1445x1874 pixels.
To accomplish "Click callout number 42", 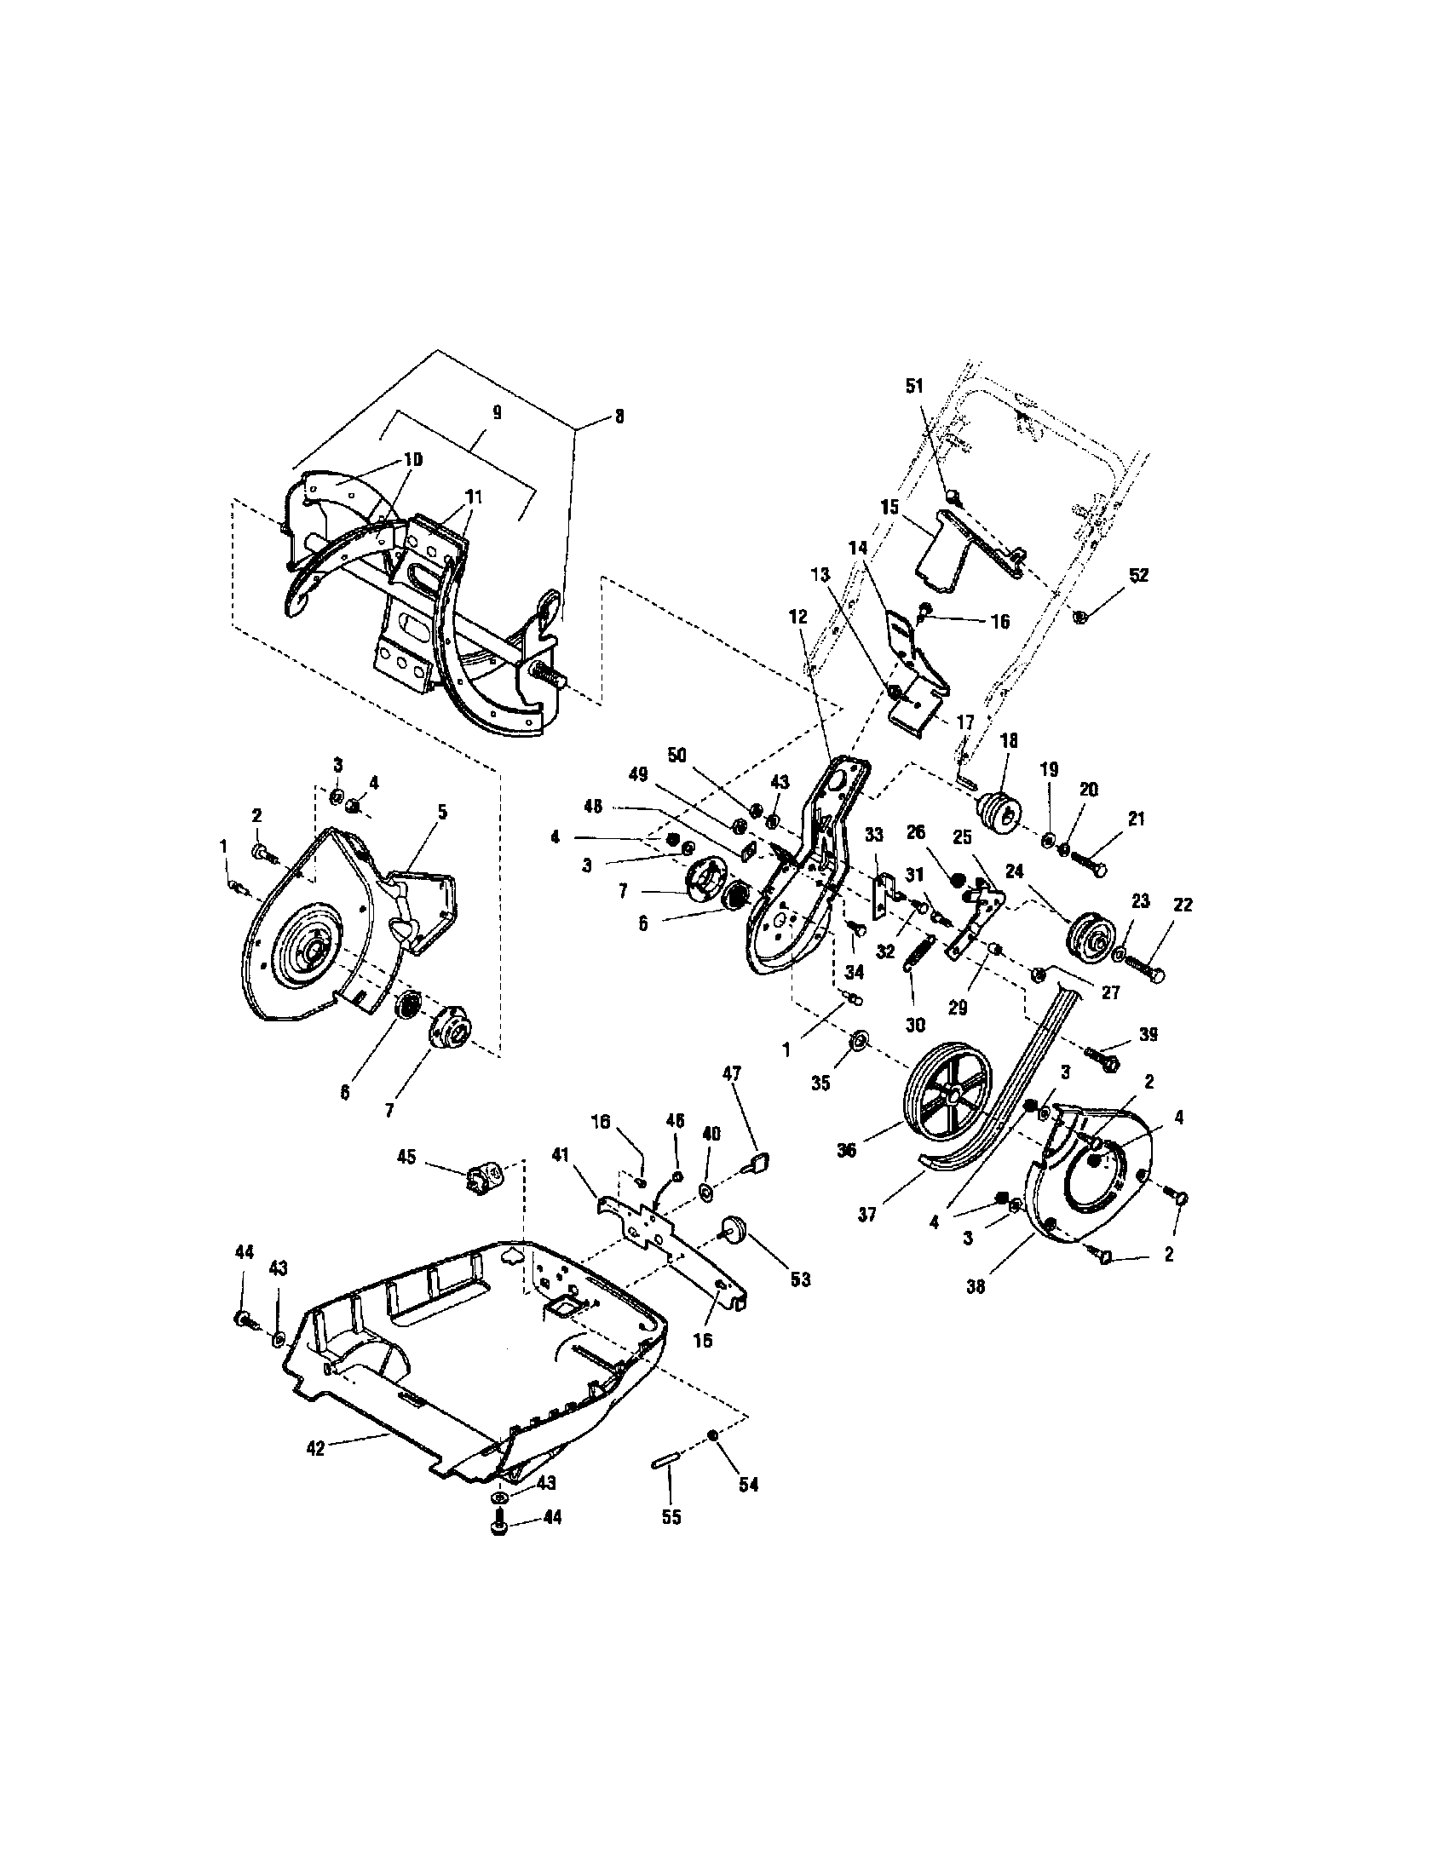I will click(x=315, y=1447).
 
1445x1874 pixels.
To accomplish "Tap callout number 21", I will click(x=1136, y=819).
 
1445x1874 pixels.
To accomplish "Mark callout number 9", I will click(x=497, y=413).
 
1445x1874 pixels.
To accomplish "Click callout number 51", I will click(x=915, y=386).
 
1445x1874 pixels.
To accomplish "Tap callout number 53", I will click(x=800, y=1279).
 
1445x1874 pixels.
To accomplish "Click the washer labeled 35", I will click(x=856, y=1042).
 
